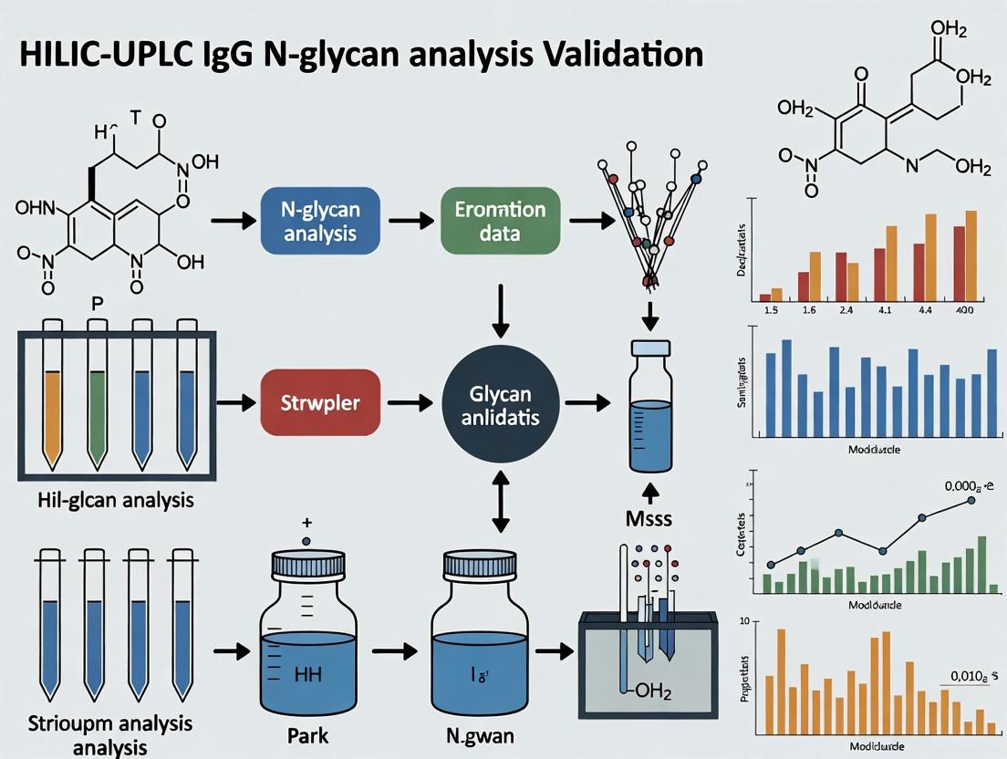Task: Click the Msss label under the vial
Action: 649,519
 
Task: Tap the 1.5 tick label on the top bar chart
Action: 770,310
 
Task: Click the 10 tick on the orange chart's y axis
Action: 743,623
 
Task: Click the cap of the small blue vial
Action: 650,349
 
